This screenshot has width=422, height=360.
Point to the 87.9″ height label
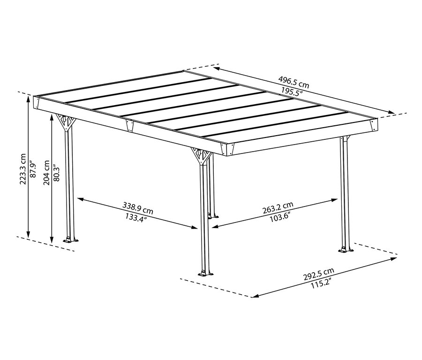pos(32,169)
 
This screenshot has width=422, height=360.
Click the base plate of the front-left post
pos(71,240)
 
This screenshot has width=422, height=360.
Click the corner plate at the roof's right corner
pos(374,125)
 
